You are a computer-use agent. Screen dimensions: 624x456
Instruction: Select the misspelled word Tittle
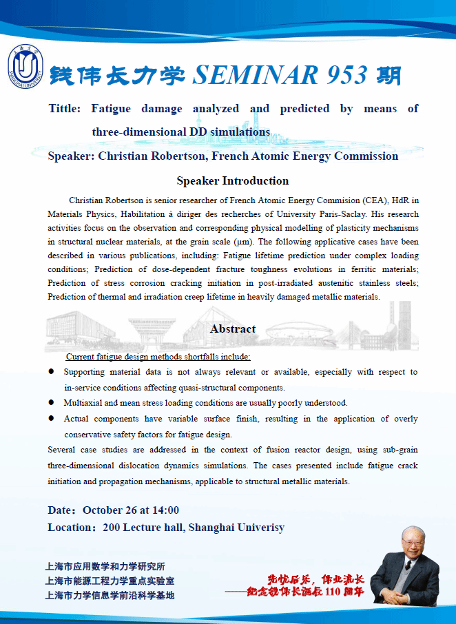(65, 109)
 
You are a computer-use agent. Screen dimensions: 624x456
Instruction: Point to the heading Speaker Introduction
(232, 181)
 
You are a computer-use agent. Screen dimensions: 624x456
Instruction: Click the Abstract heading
(233, 329)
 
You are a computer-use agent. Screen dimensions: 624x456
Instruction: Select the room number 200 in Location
(112, 528)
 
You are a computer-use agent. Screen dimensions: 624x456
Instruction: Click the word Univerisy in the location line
(258, 528)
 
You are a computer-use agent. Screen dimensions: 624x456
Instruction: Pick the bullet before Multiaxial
(51, 403)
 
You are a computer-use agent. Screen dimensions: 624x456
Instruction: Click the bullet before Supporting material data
(51, 372)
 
